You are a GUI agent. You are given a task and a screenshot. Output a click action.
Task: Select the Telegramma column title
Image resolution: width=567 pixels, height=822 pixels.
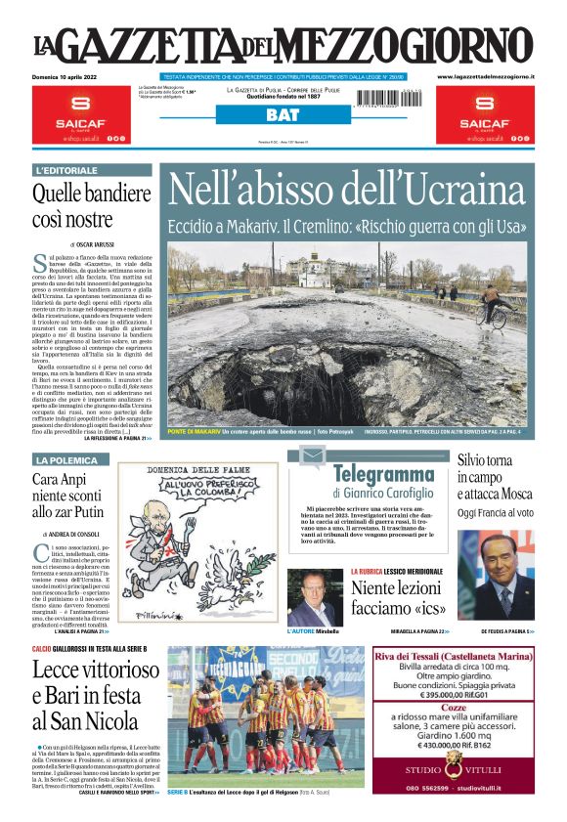click(x=381, y=475)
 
